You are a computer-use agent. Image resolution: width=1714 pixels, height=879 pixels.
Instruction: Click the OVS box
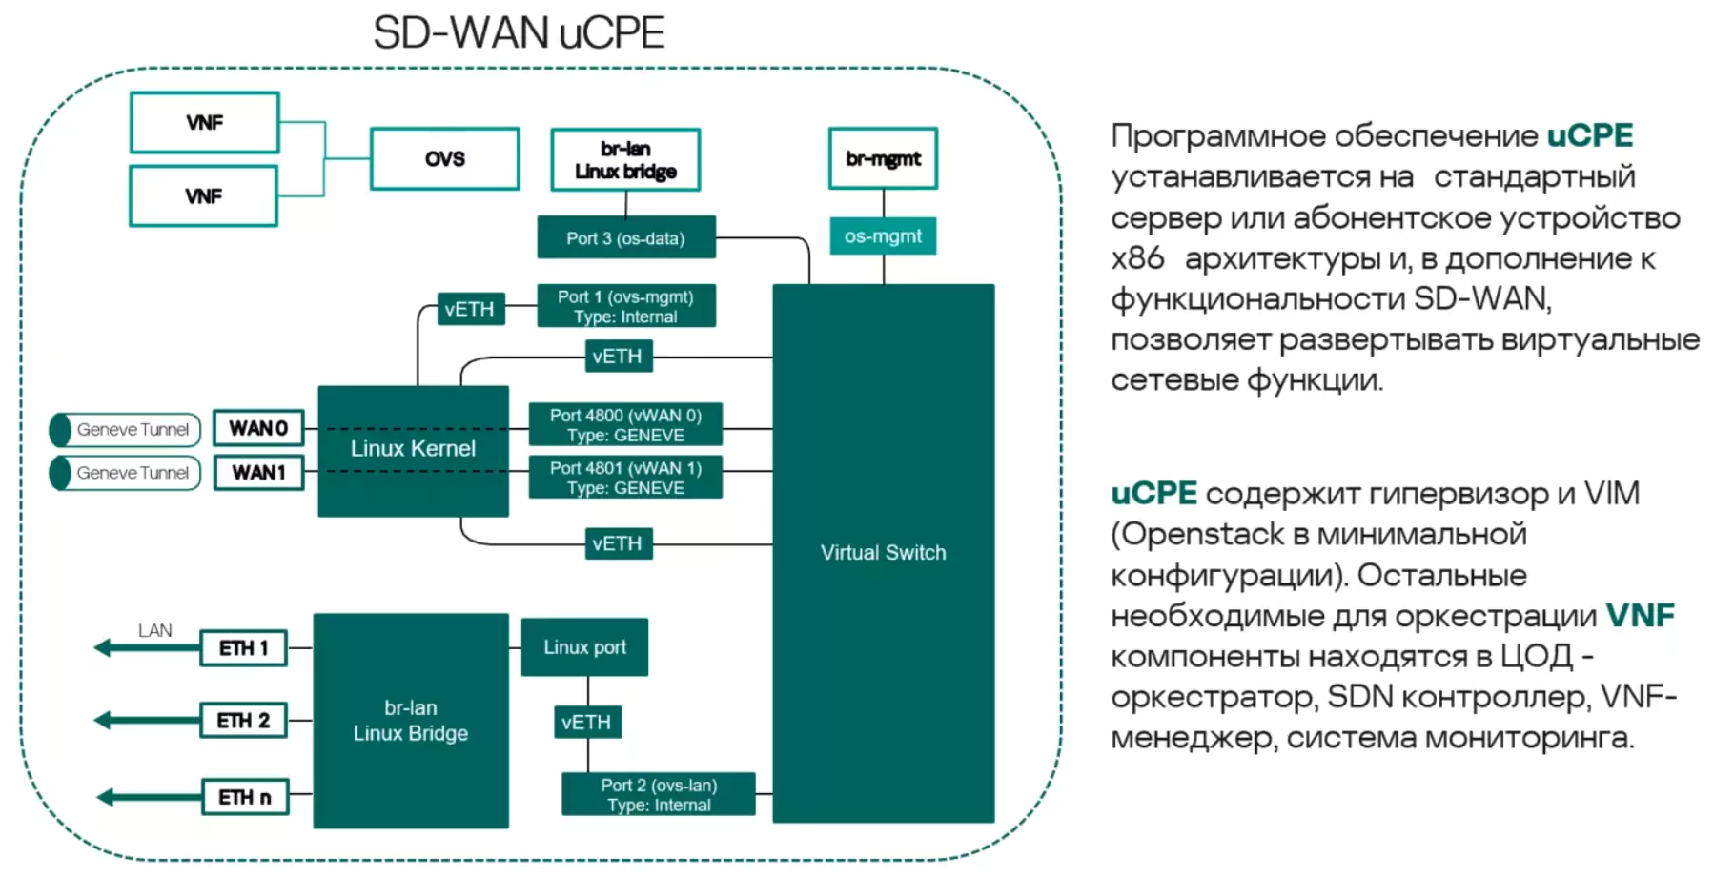pos(444,158)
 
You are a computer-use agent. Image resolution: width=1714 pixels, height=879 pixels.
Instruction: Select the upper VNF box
pos(204,122)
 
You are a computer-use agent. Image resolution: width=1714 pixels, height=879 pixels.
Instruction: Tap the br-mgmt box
pos(883,158)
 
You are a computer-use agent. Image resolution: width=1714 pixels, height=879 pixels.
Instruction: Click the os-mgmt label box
pos(883,236)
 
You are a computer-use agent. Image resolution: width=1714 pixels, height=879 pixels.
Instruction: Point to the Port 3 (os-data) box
pos(625,238)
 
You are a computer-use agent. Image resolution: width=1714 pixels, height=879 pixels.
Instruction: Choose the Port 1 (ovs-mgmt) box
pos(625,306)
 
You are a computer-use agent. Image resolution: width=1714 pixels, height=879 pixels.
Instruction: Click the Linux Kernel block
pos(413,450)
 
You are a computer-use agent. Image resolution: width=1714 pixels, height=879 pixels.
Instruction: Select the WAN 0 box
pos(258,428)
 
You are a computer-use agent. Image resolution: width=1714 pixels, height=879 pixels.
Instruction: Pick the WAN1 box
pos(258,473)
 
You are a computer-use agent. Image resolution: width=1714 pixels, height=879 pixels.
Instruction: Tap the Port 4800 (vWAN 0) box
pos(625,425)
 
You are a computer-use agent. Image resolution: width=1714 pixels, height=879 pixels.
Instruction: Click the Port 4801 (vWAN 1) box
pos(625,478)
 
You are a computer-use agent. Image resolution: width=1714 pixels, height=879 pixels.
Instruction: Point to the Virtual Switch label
pos(883,553)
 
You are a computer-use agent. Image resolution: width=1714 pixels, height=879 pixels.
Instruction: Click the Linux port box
pos(584,647)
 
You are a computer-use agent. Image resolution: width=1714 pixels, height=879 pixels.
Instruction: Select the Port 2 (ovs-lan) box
pos(659,795)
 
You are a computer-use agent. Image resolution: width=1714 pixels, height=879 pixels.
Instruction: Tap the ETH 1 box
pos(244,648)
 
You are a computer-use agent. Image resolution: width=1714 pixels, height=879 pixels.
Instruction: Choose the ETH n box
pos(245,797)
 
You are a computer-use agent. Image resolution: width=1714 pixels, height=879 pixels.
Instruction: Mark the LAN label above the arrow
pos(154,630)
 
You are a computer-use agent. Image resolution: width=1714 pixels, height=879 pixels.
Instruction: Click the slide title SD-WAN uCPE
pos(519,33)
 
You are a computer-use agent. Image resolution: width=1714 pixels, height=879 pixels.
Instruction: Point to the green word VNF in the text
pos(1640,616)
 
